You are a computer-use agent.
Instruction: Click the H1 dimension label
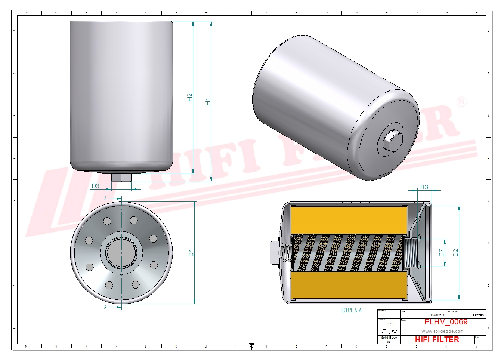point(208,101)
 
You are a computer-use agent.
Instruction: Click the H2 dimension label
point(190,97)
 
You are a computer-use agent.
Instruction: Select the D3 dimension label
point(96,186)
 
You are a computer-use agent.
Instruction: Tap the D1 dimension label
point(191,253)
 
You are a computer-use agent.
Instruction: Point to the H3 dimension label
point(424,187)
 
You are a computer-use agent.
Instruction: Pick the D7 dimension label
point(442,253)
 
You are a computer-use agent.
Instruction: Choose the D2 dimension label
point(455,253)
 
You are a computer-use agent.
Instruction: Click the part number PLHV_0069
point(446,322)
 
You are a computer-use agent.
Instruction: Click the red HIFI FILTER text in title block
point(437,339)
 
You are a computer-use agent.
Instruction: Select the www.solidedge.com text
point(442,331)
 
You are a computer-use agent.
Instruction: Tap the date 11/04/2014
point(437,316)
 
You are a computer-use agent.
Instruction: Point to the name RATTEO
point(478,316)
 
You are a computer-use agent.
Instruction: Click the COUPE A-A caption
point(351,310)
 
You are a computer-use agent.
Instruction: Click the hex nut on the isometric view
point(391,141)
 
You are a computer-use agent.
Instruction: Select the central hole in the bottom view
point(121,253)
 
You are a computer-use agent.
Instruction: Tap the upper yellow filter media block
point(349,220)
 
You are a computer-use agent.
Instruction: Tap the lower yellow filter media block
point(349,285)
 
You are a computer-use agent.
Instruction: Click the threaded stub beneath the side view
point(121,177)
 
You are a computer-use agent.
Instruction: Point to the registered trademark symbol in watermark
point(462,102)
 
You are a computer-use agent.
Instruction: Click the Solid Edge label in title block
point(389,338)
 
